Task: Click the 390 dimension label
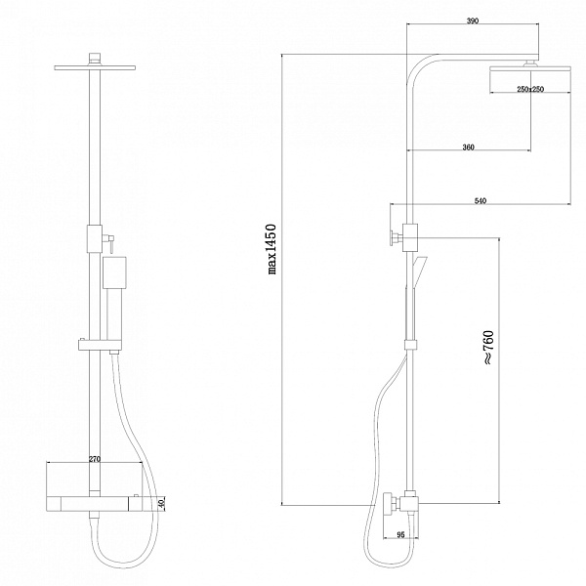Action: tap(473, 21)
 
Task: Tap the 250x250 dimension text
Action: tap(530, 89)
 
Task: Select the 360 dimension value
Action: tap(468, 147)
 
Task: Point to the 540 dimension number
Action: tap(481, 201)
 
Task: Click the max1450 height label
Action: tap(272, 249)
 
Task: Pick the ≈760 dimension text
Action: tap(489, 348)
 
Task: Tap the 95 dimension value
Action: tap(400, 535)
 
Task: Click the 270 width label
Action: tap(95, 459)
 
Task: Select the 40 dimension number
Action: tap(161, 504)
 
